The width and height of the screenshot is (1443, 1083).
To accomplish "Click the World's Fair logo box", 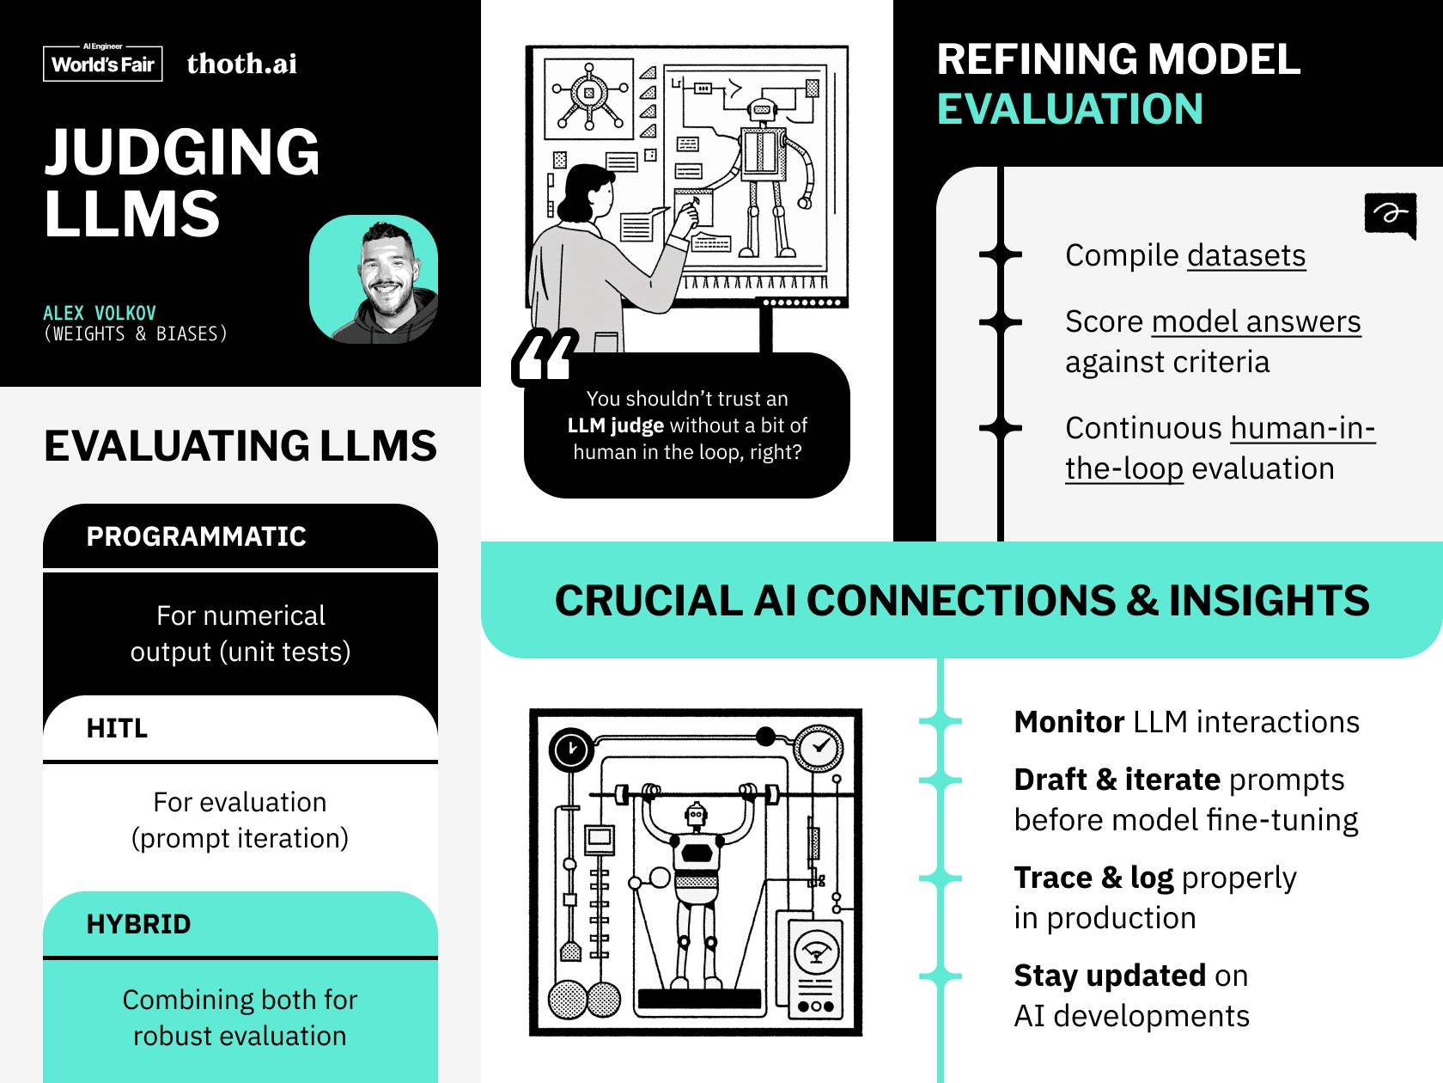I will [x=103, y=63].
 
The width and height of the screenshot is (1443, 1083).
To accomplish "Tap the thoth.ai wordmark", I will [x=241, y=64].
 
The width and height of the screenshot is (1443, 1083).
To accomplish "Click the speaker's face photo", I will [x=374, y=279].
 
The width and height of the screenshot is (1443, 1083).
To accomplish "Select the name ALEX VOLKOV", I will [x=100, y=313].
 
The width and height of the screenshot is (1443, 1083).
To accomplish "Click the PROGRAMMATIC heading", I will [x=196, y=536].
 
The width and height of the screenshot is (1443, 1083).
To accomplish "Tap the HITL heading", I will [x=117, y=729].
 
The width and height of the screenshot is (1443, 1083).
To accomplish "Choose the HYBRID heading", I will [x=138, y=924].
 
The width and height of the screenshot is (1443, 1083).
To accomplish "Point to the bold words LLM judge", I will [x=615, y=425].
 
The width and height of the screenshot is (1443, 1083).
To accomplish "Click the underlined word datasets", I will [x=1246, y=255].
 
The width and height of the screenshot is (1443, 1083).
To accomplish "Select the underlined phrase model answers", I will [x=1256, y=321].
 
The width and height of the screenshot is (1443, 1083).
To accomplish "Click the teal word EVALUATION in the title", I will [x=1069, y=109].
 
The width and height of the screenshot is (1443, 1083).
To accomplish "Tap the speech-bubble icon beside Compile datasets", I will [x=1390, y=214].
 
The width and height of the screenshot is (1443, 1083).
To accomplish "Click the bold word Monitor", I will [x=1069, y=722].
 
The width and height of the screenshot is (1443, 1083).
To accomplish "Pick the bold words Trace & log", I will [x=1093, y=878].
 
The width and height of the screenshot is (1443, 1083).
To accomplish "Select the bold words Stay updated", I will [x=1109, y=976].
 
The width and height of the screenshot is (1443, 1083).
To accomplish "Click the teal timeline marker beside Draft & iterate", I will [x=941, y=780].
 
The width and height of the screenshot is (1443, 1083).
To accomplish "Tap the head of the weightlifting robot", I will [x=695, y=813].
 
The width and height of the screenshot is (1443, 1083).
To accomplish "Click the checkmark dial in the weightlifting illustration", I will [x=819, y=747].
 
